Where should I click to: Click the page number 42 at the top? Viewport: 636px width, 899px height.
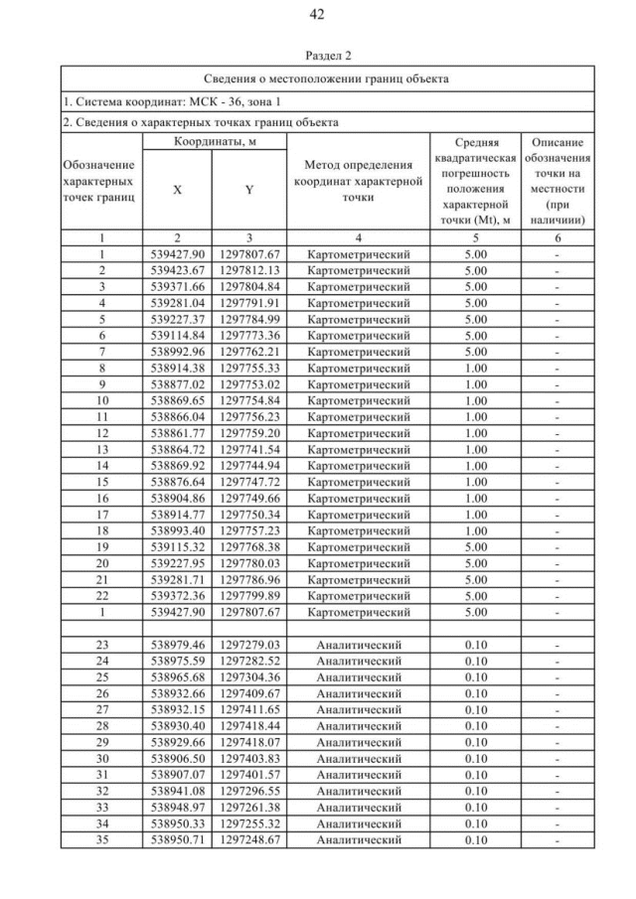[317, 14]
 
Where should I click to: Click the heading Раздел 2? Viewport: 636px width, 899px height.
[317, 56]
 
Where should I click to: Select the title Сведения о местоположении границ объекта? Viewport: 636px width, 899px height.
[327, 77]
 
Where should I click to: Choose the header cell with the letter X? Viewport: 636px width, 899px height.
[176, 189]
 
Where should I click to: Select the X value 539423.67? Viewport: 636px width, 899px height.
[177, 269]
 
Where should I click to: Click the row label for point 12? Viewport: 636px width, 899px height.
[101, 433]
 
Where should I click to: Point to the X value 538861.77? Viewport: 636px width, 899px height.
[177, 433]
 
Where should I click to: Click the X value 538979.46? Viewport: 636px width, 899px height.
[177, 646]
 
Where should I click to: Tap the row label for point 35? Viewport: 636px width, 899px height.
[101, 839]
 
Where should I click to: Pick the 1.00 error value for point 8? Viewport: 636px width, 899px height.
[476, 367]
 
